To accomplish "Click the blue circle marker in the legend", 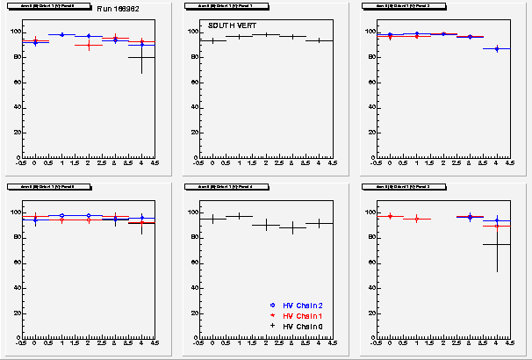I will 274,305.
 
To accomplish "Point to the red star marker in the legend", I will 274,315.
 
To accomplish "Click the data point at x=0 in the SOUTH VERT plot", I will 212,40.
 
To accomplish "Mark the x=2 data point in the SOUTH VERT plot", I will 266,34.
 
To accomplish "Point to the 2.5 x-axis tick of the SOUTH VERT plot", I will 280,163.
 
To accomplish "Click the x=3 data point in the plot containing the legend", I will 293,227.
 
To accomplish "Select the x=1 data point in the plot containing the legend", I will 240,216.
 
